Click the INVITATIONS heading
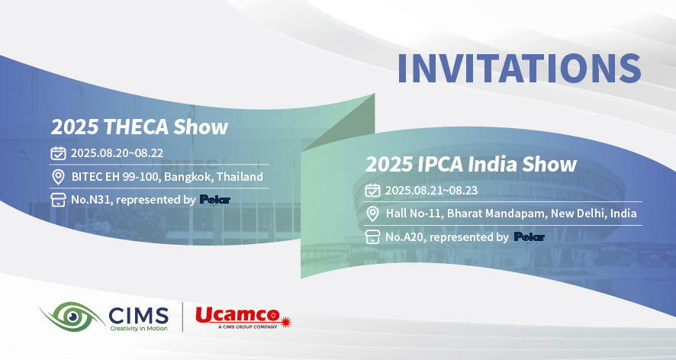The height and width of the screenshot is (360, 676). [519, 68]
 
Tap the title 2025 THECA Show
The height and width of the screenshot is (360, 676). [140, 127]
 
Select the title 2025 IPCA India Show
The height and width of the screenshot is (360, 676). [471, 164]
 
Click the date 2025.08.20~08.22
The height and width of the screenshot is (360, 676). [117, 153]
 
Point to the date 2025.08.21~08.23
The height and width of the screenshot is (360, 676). [431, 191]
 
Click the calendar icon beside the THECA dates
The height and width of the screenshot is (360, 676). [58, 153]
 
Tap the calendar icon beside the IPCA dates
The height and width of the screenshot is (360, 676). [372, 190]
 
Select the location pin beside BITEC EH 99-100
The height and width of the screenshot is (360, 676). [58, 177]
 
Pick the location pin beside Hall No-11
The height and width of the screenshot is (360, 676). [372, 214]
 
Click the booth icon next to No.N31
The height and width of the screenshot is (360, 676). [58, 200]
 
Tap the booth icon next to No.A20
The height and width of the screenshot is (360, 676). [372, 236]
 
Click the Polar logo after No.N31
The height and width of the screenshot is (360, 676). [214, 200]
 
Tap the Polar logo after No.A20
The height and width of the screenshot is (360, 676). [529, 236]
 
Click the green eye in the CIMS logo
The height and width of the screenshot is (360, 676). [72, 317]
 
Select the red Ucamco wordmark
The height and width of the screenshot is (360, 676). [237, 315]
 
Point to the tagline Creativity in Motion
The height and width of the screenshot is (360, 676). [139, 329]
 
